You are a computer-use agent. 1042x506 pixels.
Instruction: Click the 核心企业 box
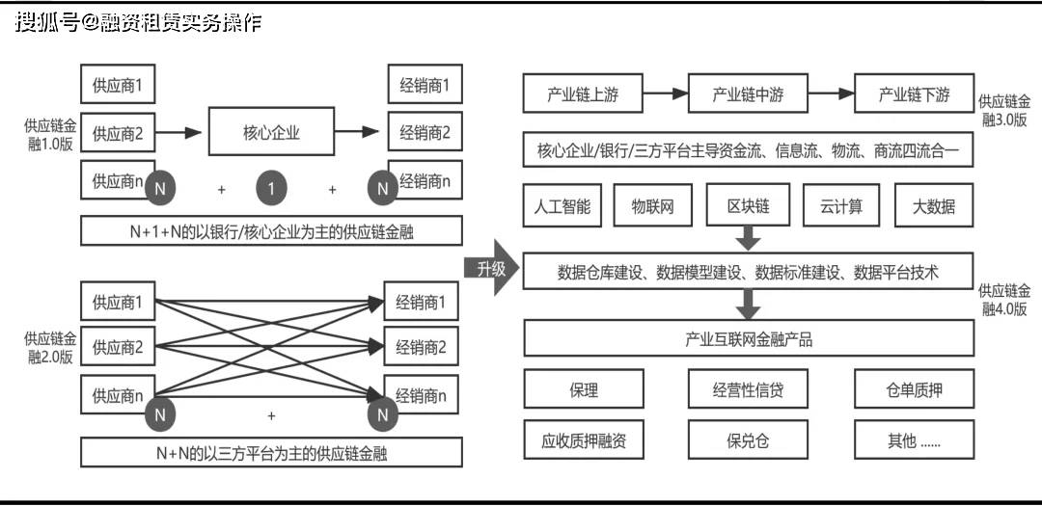(271, 133)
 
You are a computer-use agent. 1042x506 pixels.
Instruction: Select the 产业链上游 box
(583, 94)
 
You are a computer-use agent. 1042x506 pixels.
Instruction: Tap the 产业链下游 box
(914, 94)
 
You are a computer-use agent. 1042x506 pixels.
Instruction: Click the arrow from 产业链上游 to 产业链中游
(666, 94)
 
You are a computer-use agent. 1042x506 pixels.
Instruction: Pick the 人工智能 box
(562, 206)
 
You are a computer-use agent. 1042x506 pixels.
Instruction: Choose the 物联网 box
(652, 206)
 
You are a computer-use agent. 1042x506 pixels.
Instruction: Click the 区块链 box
(748, 206)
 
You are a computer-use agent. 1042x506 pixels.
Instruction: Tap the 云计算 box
(841, 206)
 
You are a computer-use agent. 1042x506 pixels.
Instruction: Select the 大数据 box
(934, 206)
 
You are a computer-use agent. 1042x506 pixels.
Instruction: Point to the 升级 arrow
(492, 269)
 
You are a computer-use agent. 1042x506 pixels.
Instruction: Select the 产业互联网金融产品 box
(748, 339)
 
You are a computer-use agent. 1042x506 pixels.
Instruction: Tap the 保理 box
(584, 390)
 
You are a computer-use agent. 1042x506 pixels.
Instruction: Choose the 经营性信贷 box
(748, 390)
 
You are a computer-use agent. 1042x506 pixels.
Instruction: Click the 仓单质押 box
(913, 390)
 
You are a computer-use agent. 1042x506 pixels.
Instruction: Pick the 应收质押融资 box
(584, 441)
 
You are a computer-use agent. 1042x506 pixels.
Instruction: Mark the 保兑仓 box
(748, 441)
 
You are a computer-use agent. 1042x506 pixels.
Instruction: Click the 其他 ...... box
(913, 441)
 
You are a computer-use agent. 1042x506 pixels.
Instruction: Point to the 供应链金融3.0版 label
(1003, 111)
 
